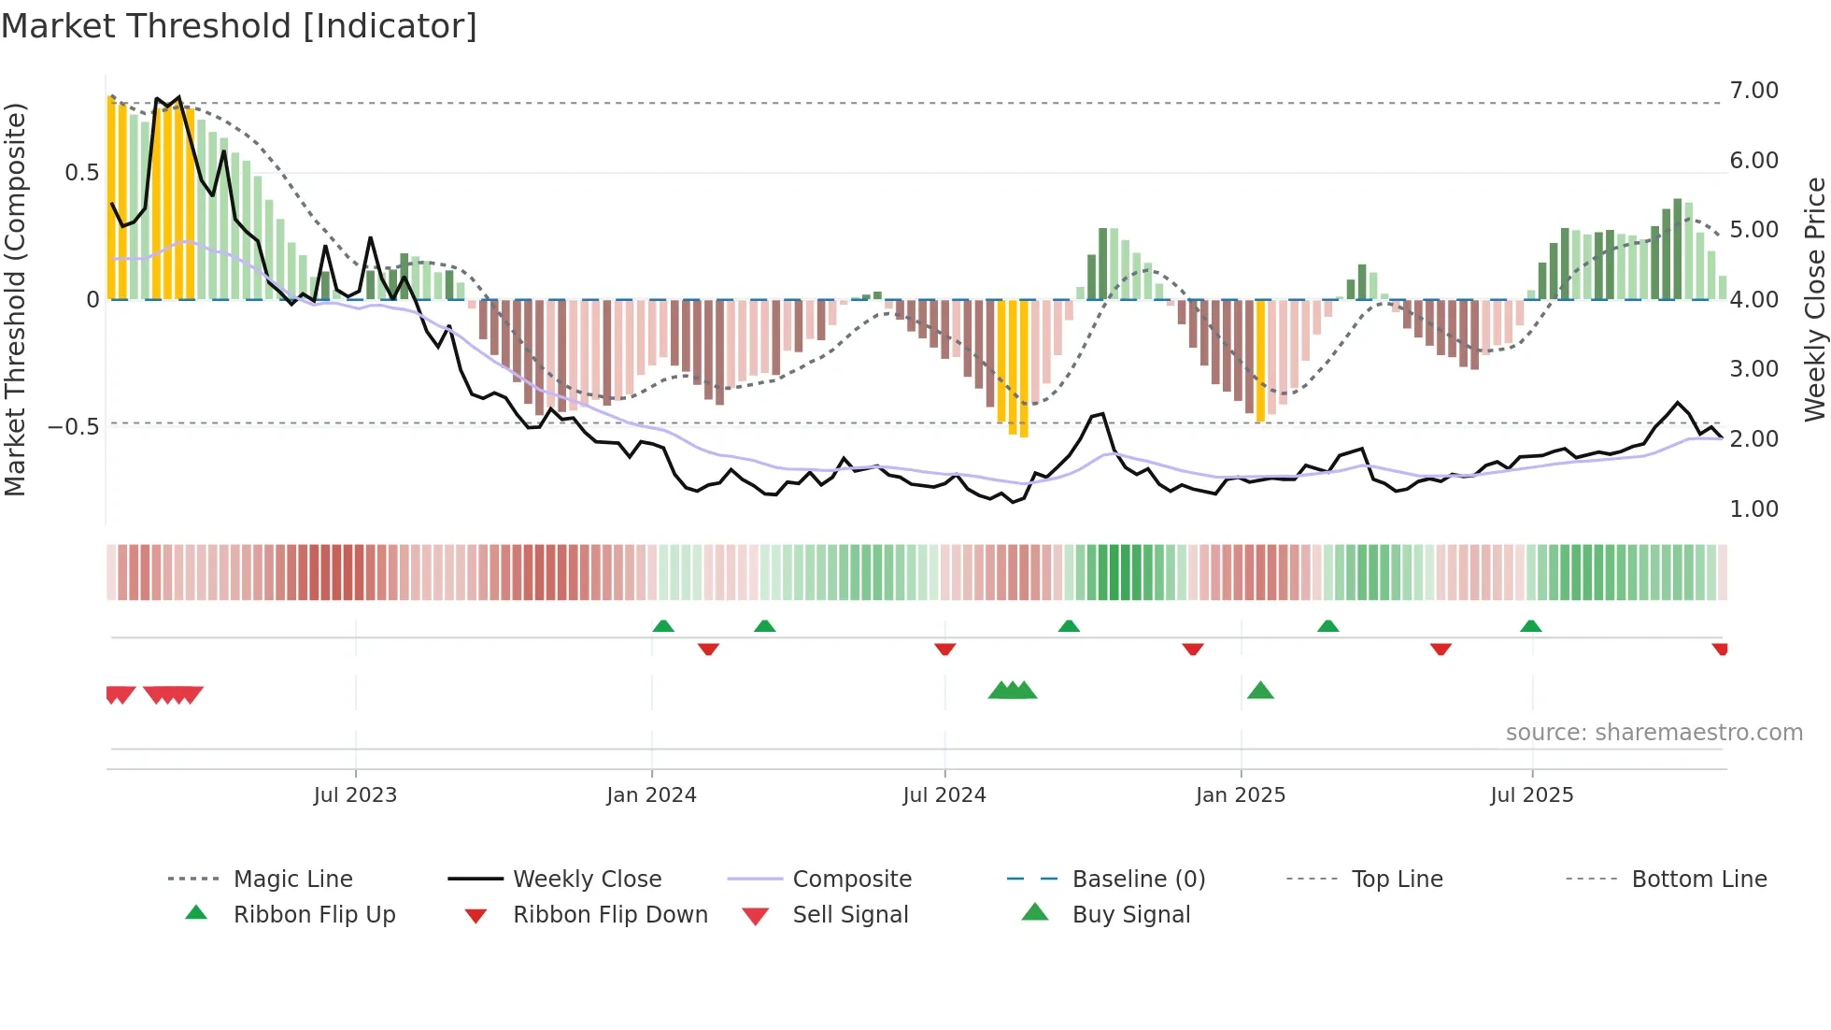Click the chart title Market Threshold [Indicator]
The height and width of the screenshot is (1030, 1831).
point(239,26)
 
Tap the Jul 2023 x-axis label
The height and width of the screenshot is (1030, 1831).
point(355,795)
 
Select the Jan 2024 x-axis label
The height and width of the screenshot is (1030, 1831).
point(651,795)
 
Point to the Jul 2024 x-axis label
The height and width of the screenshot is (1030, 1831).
point(944,795)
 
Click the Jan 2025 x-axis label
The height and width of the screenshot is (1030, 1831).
point(1241,795)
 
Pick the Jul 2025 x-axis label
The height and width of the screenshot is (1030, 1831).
point(1532,795)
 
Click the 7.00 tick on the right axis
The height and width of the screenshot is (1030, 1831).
point(1753,91)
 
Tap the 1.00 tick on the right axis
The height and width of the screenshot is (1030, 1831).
point(1753,509)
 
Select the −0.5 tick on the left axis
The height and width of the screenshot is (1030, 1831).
point(73,427)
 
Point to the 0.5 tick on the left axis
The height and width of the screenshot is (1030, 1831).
point(81,173)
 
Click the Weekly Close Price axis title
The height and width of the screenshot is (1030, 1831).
point(1814,299)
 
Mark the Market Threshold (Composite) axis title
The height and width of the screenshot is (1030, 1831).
point(15,299)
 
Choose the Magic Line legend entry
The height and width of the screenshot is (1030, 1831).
point(292,880)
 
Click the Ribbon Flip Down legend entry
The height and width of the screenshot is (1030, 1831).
point(610,915)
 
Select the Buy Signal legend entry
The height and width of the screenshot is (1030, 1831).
point(1130,915)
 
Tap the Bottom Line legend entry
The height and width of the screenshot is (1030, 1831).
point(1698,880)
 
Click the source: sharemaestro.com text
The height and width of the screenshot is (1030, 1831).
point(1654,733)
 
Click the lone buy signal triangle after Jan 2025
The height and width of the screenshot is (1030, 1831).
point(1260,691)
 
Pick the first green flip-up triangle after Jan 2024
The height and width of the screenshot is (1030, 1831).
point(663,626)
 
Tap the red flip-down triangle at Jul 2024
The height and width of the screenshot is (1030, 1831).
point(944,648)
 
